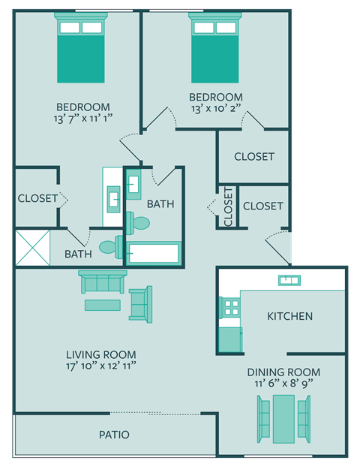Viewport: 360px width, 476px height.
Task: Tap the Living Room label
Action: pos(100,354)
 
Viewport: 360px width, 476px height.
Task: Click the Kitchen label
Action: pos(289,316)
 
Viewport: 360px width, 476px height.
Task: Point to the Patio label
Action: pos(114,435)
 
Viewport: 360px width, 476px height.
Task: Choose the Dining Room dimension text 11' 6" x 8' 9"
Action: pos(283,383)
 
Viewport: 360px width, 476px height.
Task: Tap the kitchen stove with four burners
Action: pos(230,307)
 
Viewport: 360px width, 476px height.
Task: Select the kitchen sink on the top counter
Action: pos(289,280)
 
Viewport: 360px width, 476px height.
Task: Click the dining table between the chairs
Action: pos(283,418)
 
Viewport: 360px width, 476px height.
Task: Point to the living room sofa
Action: pos(103,282)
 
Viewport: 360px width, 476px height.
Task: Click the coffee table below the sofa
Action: pos(102,305)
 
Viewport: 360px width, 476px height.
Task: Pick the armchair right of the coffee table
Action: pos(140,303)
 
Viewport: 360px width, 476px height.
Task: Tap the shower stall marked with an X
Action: pos(33,248)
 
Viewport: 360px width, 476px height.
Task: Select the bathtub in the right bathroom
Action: pos(154,253)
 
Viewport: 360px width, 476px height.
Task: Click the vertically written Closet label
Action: pos(228,206)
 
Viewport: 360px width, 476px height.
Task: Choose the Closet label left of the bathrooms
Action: pos(36,198)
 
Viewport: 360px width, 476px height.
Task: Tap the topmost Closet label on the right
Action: pos(253,157)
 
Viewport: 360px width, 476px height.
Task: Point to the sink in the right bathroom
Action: pos(133,182)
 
